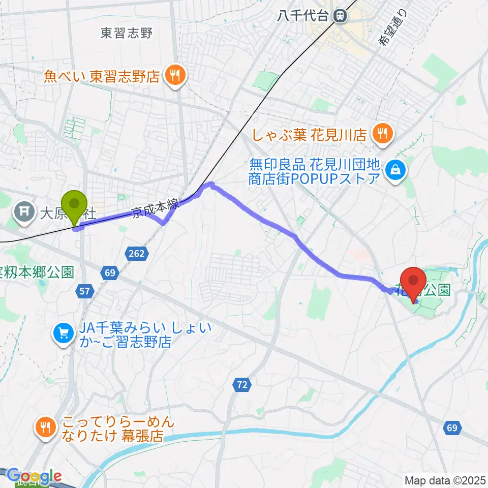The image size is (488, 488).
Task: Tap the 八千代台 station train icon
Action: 340,16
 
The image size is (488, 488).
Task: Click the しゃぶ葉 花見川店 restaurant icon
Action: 382,134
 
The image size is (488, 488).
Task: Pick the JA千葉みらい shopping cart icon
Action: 64,333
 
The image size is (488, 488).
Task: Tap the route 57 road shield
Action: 85,291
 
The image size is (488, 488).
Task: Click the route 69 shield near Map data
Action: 452,429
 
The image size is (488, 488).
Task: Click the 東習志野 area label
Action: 127,34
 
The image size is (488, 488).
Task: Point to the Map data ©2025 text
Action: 445,480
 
